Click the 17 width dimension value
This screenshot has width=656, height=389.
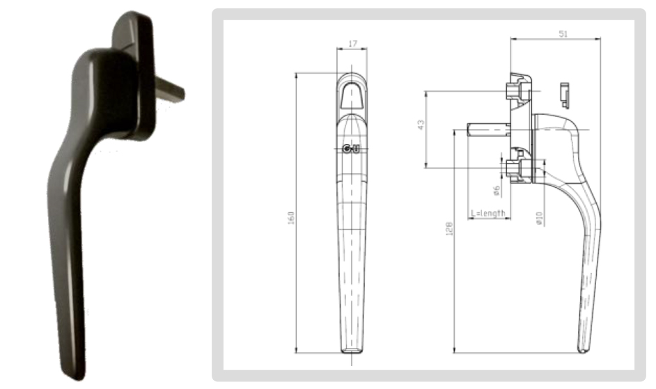click(x=352, y=44)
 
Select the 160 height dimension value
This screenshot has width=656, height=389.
click(x=291, y=218)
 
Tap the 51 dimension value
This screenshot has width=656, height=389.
click(x=563, y=34)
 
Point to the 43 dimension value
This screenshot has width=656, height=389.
click(x=421, y=125)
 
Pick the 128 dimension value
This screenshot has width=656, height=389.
click(x=449, y=228)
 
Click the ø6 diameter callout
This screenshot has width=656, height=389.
click(x=497, y=191)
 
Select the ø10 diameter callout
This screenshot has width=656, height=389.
click(x=539, y=219)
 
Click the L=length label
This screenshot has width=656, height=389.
click(x=487, y=214)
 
